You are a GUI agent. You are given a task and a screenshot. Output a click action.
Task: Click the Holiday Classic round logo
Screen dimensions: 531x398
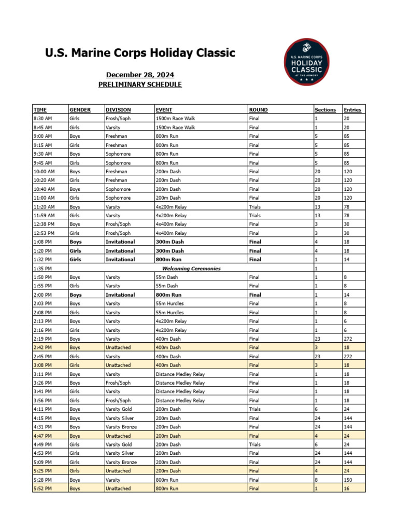(306, 62)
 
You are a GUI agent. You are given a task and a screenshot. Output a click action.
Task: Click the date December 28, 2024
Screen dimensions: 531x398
(140, 75)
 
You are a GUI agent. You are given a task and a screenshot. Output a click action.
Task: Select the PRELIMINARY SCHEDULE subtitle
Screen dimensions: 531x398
(140, 85)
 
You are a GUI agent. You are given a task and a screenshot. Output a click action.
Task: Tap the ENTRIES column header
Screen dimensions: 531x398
(352, 110)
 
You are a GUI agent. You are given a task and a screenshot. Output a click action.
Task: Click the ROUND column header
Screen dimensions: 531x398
(258, 110)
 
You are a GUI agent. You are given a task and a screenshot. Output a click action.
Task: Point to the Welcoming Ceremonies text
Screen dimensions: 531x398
(191, 269)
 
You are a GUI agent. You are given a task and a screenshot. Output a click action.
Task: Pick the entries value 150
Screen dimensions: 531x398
(348, 480)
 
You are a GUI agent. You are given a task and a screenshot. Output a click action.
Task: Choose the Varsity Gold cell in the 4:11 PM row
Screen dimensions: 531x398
(119, 409)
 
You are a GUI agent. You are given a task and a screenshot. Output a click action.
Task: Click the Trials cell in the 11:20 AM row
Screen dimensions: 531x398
(254, 207)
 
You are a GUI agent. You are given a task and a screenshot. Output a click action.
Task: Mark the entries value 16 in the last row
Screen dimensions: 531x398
(347, 488)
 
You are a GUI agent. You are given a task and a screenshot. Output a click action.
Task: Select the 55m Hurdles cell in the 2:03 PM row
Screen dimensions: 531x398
(169, 304)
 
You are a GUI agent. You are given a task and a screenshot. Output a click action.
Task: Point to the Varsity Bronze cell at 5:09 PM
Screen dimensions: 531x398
(121, 462)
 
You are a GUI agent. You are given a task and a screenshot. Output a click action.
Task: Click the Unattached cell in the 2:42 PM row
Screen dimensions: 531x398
(118, 347)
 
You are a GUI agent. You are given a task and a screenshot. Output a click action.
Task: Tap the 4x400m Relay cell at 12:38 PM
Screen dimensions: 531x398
(171, 225)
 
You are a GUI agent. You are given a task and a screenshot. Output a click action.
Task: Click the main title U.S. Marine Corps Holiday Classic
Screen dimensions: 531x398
(140, 53)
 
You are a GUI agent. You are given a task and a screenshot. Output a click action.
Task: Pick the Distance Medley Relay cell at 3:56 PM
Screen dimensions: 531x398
(180, 400)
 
